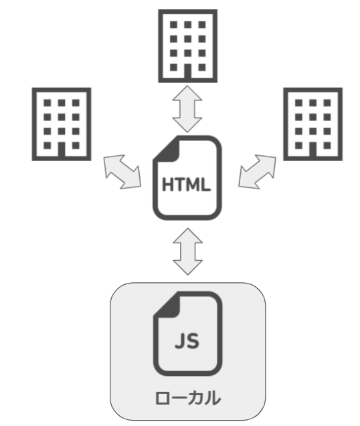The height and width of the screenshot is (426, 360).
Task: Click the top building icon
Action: (x=187, y=46)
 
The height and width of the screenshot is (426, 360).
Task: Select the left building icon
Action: (x=62, y=124)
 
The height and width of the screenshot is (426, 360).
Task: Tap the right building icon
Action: (x=313, y=124)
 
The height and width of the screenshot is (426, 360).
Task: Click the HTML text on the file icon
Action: (x=186, y=185)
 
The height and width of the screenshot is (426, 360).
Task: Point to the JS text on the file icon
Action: (x=187, y=341)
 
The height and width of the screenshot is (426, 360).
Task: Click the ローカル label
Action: (x=188, y=398)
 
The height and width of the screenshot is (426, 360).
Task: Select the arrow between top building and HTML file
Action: (x=187, y=109)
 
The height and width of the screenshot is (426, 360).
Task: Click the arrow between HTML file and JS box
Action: (x=188, y=251)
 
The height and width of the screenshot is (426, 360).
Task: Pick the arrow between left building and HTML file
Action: (x=122, y=172)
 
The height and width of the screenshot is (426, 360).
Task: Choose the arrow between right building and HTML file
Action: (x=257, y=172)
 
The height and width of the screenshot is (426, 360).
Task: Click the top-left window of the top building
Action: (x=173, y=25)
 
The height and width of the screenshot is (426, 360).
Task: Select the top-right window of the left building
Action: (x=76, y=103)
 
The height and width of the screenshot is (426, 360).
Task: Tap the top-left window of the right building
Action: (x=298, y=103)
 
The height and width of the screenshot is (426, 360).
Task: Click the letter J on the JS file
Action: (x=180, y=341)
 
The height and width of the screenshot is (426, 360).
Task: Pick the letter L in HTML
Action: (x=205, y=185)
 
